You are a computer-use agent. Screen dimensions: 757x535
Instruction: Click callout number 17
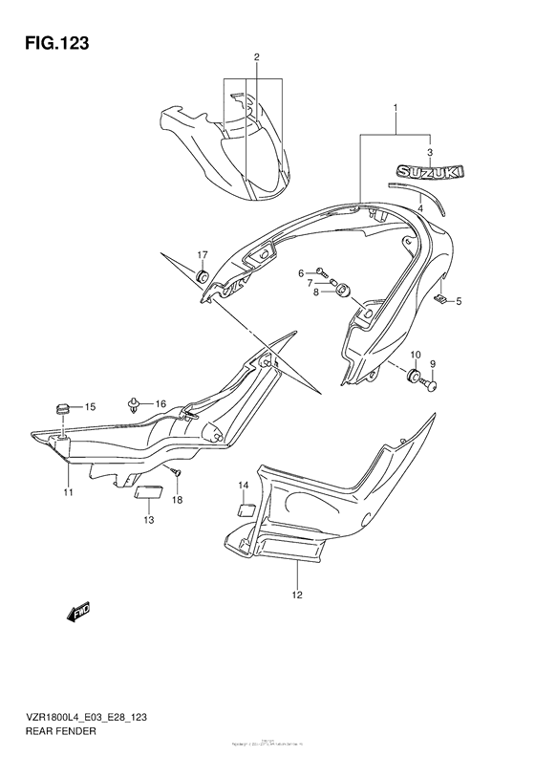[203, 254]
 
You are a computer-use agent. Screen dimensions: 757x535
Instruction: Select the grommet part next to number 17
[203, 276]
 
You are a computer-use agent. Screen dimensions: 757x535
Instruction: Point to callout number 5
[458, 302]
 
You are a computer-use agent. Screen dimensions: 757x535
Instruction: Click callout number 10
[415, 355]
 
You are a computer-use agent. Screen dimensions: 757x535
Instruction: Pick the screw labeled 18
[175, 472]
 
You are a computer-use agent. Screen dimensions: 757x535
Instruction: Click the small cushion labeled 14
[245, 509]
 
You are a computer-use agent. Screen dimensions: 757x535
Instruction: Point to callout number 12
[297, 595]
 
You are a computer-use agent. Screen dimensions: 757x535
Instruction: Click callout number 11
[68, 492]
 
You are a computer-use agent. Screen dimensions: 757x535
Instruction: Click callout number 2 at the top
[257, 57]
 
